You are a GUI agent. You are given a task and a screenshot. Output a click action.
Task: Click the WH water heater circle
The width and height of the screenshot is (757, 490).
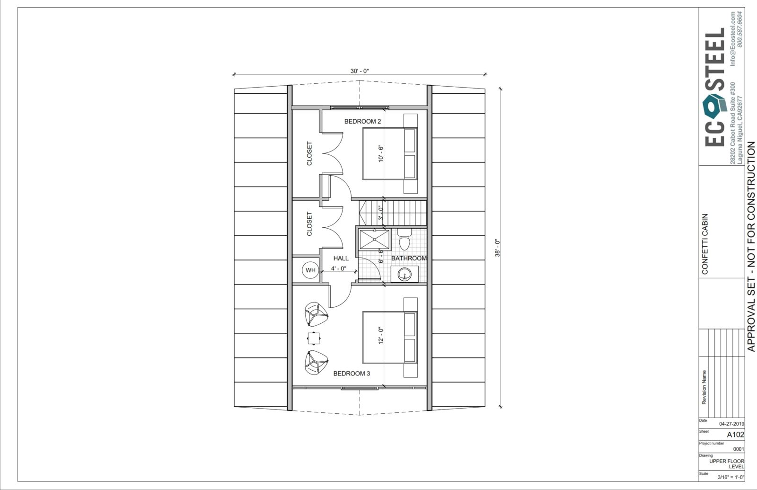click(310, 270)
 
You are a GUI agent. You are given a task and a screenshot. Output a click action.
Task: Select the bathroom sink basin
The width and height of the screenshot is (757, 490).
click(404, 274)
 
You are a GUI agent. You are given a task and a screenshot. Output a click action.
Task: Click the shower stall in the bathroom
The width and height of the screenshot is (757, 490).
click(374, 240)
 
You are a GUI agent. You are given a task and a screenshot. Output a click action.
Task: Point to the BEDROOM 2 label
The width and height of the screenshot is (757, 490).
click(362, 121)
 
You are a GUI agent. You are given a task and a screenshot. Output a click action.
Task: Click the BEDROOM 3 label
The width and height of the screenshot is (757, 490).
click(352, 374)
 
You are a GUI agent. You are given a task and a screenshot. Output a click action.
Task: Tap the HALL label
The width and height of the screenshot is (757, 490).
click(341, 258)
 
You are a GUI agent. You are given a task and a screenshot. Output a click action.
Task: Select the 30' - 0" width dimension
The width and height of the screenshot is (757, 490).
click(360, 71)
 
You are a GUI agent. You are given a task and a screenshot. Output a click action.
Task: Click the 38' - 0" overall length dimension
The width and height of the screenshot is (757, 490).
click(497, 248)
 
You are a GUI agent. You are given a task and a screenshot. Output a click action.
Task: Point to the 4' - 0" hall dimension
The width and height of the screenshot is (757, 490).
click(339, 268)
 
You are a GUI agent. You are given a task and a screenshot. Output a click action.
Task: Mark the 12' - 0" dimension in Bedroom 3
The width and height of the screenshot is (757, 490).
click(381, 336)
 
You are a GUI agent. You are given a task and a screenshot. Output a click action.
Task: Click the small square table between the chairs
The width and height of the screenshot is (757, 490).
click(314, 338)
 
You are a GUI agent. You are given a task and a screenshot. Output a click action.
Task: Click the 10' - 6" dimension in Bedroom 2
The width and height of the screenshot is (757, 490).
click(381, 153)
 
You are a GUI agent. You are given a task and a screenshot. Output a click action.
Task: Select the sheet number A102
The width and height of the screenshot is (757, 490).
click(735, 435)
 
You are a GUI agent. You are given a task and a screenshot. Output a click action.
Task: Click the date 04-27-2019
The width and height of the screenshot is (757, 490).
click(731, 424)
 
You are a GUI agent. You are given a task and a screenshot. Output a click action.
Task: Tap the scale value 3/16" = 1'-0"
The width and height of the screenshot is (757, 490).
click(731, 478)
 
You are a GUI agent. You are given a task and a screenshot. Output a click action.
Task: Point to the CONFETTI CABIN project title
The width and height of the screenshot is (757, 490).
click(704, 244)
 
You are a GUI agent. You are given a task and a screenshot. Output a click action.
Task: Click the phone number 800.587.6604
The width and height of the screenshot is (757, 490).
click(739, 29)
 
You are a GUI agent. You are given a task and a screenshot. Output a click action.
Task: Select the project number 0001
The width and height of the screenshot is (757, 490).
click(739, 449)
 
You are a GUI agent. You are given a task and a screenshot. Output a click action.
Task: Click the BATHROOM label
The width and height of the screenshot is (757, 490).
click(409, 258)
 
